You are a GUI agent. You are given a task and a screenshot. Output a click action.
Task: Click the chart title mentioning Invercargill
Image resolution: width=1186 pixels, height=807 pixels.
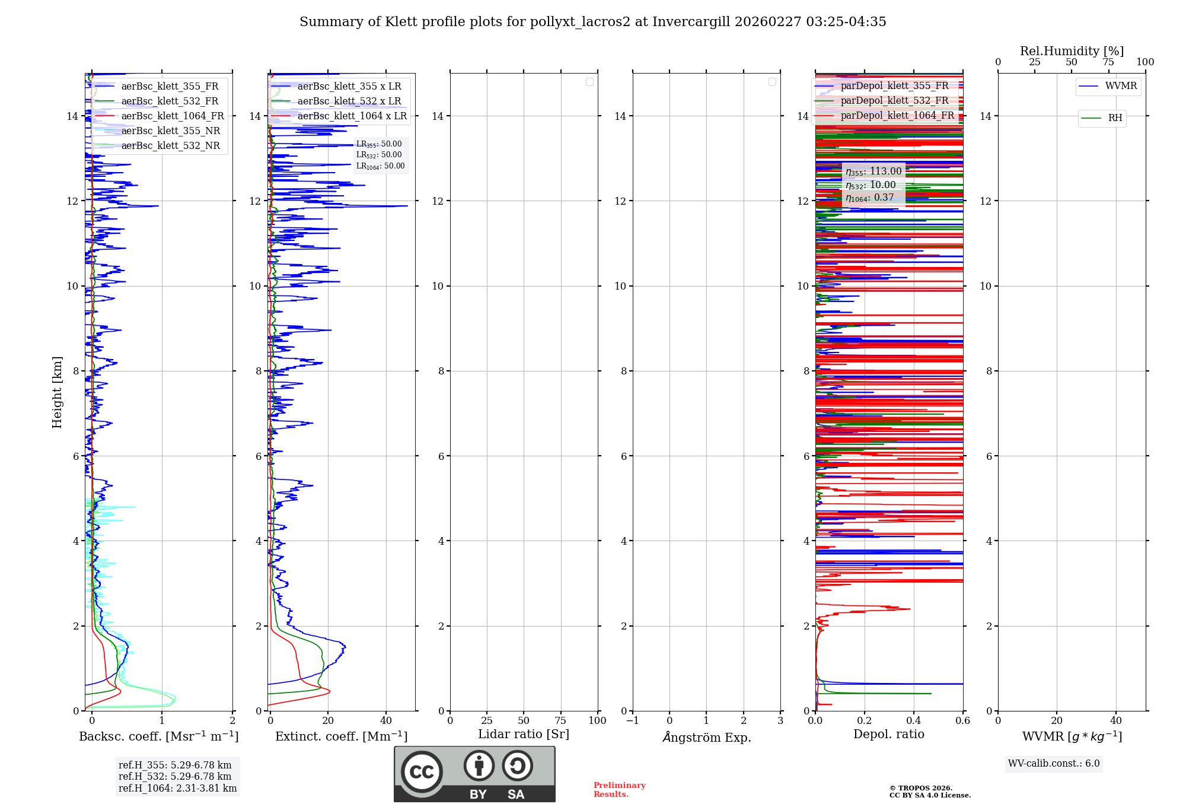click(592, 22)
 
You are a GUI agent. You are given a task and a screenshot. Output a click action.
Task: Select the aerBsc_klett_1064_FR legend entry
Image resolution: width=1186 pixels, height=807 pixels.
click(172, 116)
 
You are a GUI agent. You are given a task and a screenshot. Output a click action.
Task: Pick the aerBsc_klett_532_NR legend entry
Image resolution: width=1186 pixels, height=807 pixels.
click(170, 146)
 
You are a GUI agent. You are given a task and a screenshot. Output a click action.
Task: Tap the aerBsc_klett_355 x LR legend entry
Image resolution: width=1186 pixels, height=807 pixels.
click(349, 87)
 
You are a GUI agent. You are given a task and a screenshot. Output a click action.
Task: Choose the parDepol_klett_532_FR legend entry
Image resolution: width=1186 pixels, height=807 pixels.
click(894, 101)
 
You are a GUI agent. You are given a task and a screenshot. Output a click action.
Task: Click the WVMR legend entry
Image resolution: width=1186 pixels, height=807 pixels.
click(1121, 86)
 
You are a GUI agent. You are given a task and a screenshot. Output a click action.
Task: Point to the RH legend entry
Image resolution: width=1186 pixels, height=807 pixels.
click(1115, 118)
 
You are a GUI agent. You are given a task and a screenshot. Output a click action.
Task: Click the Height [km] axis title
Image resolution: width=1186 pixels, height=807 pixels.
click(57, 392)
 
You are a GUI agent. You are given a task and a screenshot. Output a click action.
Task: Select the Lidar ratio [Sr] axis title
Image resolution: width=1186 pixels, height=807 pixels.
click(524, 735)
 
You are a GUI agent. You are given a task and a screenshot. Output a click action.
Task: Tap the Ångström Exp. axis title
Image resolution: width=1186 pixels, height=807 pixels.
click(706, 738)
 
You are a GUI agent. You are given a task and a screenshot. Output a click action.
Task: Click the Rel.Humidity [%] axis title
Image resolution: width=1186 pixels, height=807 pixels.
click(1072, 51)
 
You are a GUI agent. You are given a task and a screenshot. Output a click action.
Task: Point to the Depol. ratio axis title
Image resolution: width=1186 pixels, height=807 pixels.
click(888, 735)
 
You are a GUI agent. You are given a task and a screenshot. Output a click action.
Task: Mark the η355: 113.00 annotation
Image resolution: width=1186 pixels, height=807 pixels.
click(873, 172)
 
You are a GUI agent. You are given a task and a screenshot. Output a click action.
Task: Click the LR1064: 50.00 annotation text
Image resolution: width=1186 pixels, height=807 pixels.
click(380, 166)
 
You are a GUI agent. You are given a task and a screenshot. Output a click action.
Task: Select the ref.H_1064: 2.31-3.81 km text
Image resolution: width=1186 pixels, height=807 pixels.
click(177, 789)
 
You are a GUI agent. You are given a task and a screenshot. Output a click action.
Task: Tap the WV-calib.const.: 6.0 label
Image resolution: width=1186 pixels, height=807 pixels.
click(1054, 764)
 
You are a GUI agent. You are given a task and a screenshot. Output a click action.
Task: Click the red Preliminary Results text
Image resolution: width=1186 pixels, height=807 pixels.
click(619, 790)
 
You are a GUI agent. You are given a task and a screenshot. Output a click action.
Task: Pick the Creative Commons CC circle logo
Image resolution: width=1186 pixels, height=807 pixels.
click(422, 771)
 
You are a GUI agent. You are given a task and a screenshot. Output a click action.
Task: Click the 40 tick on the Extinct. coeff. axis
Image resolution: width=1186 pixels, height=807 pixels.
click(386, 721)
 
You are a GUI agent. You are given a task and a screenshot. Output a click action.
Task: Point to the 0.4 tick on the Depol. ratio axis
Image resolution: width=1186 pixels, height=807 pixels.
click(914, 721)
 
